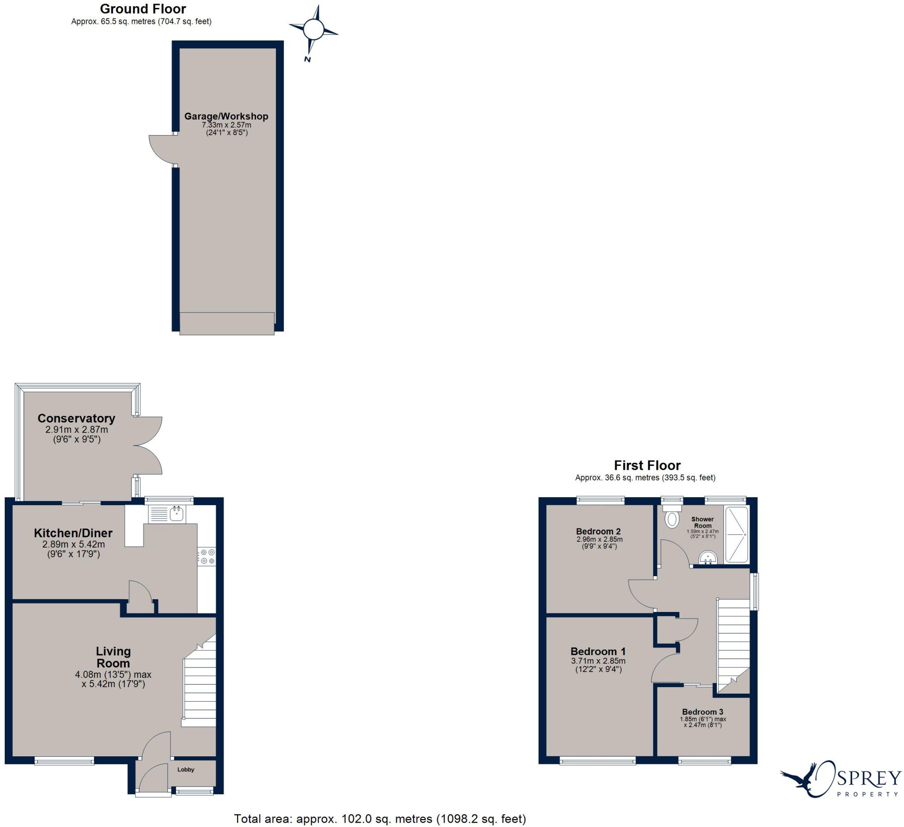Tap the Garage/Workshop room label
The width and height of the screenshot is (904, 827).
(226, 116)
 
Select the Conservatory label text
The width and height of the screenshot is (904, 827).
(76, 418)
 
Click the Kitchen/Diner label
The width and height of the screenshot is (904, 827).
(73, 533)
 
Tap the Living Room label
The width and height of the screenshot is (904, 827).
(113, 657)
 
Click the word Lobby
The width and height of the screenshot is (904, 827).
(186, 770)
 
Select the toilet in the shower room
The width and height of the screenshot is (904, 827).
(672, 519)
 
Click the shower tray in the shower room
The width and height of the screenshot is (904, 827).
(736, 534)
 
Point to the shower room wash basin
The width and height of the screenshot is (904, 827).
(708, 558)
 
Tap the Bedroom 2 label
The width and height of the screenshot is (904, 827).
(598, 532)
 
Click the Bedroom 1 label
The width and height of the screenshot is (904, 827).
(598, 651)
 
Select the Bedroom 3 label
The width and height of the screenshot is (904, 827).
(702, 712)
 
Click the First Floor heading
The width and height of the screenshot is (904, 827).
(647, 465)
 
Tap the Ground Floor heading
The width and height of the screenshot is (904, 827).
(143, 8)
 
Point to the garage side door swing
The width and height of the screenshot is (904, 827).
(161, 150)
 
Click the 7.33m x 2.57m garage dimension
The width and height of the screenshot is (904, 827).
(226, 125)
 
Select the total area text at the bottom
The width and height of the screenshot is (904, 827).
(380, 819)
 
